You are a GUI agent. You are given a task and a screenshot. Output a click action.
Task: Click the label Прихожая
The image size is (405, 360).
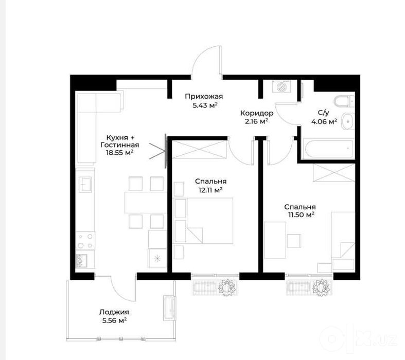click(x=204, y=97)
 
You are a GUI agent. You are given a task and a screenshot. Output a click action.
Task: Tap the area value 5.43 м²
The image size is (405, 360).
click(x=205, y=105)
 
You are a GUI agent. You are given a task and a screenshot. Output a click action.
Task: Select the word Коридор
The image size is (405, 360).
click(x=257, y=113)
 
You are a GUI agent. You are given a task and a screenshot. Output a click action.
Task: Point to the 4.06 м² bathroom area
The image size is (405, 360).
click(x=324, y=121)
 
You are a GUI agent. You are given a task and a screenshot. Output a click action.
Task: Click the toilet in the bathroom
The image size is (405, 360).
click(x=344, y=101)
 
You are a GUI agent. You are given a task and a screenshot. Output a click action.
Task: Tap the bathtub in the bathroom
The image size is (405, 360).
click(x=328, y=149)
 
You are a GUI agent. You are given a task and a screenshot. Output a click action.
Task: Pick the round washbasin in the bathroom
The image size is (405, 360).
click(x=348, y=121)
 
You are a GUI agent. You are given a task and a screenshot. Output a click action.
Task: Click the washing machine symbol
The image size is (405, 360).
click(x=281, y=86)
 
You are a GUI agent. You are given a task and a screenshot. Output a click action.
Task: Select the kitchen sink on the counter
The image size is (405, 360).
click(x=85, y=184)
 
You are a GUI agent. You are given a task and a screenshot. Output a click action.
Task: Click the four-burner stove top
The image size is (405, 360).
click(x=85, y=241)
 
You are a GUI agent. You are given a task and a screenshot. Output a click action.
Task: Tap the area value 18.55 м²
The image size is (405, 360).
click(x=119, y=153)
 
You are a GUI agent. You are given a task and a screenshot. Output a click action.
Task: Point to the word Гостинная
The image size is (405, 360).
click(x=120, y=145)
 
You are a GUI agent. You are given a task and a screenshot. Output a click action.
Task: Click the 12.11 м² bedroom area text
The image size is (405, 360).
click(x=210, y=190)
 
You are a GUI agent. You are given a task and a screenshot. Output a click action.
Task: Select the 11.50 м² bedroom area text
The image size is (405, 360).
click(x=301, y=214)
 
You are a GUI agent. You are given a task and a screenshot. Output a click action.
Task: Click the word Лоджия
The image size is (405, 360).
click(x=114, y=313)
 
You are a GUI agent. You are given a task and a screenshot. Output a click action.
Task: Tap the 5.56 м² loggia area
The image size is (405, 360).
click(x=114, y=321)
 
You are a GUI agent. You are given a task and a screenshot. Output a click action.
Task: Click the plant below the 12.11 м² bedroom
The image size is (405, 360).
click(x=227, y=287)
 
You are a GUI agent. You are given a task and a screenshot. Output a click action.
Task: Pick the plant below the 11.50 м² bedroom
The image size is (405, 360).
click(x=322, y=286)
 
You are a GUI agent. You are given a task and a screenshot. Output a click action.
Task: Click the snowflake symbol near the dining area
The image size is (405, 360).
click(x=157, y=258)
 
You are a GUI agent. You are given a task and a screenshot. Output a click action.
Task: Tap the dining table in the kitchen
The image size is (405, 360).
click(x=145, y=202)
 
